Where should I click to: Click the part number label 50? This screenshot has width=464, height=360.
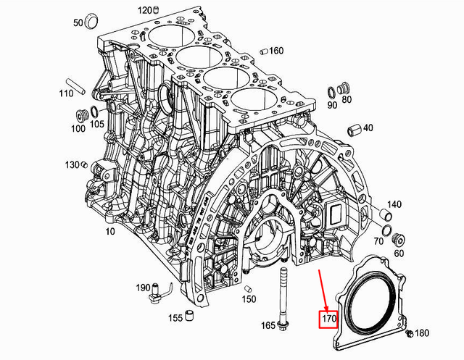(x=78, y=23)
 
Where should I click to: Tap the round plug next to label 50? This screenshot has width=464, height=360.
(x=91, y=20)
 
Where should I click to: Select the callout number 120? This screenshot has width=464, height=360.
(x=144, y=10)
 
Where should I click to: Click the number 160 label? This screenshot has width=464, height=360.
(x=276, y=51)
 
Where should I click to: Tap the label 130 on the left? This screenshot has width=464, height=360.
(x=71, y=165)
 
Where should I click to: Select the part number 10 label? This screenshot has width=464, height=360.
(x=110, y=232)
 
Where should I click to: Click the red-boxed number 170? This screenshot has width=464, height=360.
(x=330, y=318)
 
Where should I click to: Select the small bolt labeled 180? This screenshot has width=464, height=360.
(x=410, y=334)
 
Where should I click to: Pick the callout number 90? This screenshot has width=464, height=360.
(x=333, y=105)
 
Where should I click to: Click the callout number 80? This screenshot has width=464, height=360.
(x=347, y=99)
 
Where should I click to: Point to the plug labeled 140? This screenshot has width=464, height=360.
(x=388, y=214)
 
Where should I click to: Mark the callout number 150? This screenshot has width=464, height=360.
(x=249, y=298)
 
